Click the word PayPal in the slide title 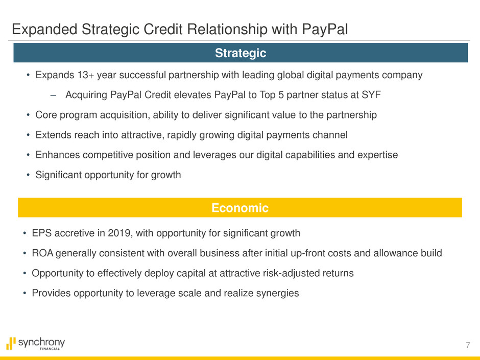tap(325, 30)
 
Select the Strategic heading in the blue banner tap(241, 53)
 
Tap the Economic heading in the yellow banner tap(240, 208)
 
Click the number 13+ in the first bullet tap(85, 75)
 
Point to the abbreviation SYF tap(371, 95)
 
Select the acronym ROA tap(42, 253)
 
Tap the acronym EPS tap(42, 233)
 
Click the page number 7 tap(468, 345)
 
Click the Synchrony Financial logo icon tap(11, 343)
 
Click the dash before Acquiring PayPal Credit tap(53, 95)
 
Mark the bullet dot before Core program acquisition tap(28, 115)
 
